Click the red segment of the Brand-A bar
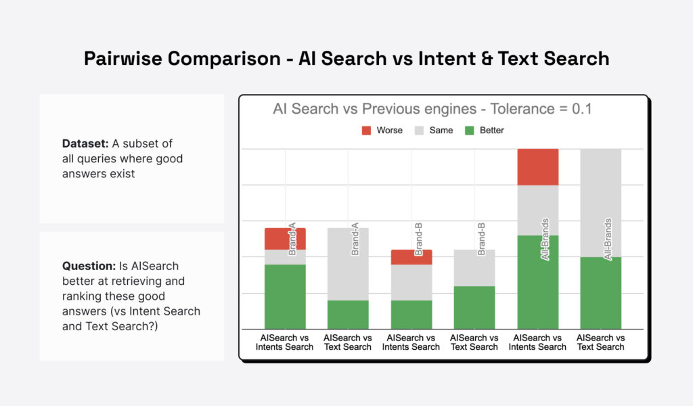point(285,238)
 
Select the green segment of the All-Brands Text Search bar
point(601,292)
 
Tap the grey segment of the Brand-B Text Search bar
point(474,268)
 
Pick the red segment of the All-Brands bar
point(538,166)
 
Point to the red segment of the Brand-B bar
point(411,256)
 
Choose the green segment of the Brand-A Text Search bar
point(348,314)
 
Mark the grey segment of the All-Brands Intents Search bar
point(538,210)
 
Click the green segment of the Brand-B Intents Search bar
point(411,314)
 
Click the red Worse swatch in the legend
point(367,130)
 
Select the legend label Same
point(441,130)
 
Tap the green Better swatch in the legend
point(470,130)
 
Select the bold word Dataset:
point(86,143)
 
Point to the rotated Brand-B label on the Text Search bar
point(482,238)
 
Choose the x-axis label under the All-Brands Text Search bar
point(601,342)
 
